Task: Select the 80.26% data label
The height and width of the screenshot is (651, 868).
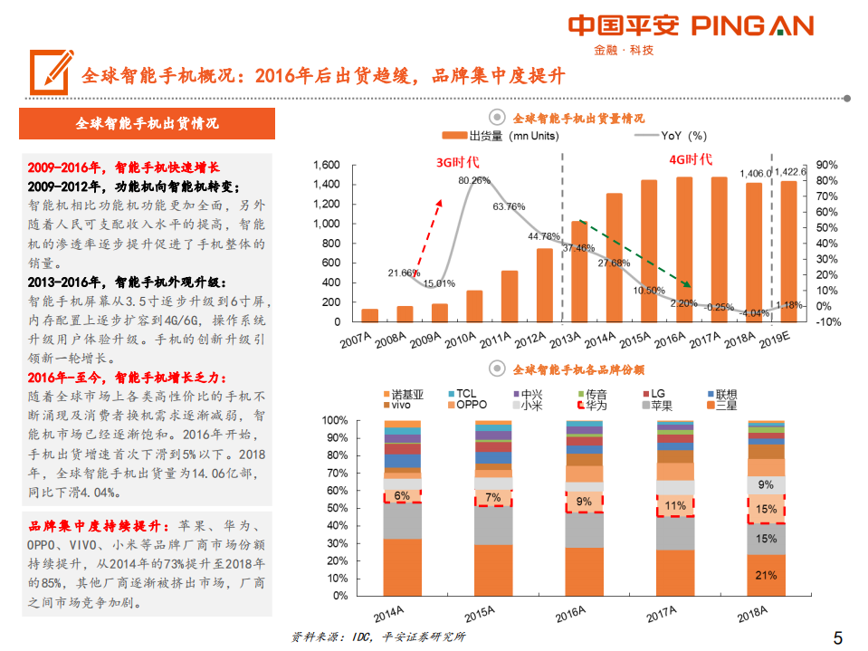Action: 473,180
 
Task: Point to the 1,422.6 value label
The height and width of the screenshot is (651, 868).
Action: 791,172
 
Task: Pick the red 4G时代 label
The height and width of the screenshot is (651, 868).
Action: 690,159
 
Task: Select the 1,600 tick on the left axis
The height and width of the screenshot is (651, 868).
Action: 326,165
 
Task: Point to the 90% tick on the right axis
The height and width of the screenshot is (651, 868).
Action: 827,165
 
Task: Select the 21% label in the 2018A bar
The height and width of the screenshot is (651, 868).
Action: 765,575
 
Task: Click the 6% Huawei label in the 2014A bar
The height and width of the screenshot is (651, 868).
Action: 402,495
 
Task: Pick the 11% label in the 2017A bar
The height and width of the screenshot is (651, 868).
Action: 675,505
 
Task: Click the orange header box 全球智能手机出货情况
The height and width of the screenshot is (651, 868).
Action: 147,124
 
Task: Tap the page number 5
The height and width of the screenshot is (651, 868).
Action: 837,636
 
